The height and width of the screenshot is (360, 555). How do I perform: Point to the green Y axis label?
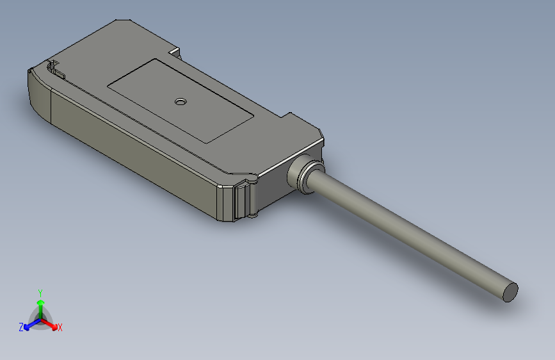coord(40,291)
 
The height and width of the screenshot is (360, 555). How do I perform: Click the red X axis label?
coord(60,327)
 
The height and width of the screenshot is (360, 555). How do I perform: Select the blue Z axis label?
coord(20,327)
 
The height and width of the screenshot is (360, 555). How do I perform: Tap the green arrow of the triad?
coord(40,303)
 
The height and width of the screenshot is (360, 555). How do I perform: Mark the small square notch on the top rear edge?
coord(175,50)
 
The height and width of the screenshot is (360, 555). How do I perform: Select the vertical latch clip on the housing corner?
coord(242,200)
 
